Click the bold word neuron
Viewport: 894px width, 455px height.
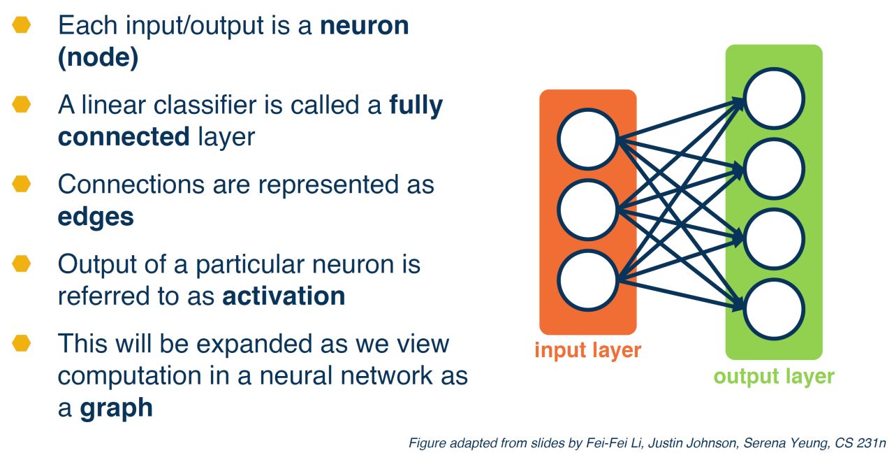click(x=365, y=27)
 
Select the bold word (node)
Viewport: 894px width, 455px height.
click(x=98, y=58)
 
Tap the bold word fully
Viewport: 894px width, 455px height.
click(x=416, y=106)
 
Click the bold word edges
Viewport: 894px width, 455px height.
click(x=96, y=217)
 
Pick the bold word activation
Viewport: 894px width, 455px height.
click(x=284, y=296)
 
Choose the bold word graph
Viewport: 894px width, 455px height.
click(x=116, y=407)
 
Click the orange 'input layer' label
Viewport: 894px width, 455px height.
click(x=587, y=349)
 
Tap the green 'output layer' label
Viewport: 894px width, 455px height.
click(x=773, y=377)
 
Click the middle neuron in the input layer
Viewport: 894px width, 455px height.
click(x=588, y=209)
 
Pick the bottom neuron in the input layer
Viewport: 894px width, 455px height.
click(x=588, y=281)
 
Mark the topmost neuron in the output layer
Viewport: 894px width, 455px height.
click(x=774, y=99)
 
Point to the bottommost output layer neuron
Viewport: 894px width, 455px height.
click(x=774, y=309)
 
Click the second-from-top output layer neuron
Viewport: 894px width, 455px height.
click(x=774, y=168)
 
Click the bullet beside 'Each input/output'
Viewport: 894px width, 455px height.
click(x=22, y=26)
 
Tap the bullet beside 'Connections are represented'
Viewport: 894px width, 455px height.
click(x=22, y=185)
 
